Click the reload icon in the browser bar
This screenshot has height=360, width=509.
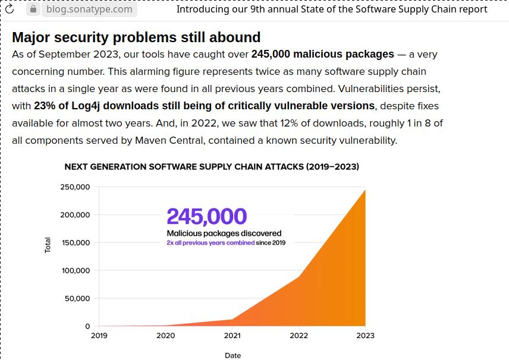(x=10, y=10)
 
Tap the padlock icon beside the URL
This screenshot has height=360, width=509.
(x=34, y=10)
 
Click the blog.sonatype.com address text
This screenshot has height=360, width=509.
(x=89, y=10)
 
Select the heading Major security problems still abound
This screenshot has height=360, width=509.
(x=136, y=37)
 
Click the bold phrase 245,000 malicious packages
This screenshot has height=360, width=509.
(x=322, y=54)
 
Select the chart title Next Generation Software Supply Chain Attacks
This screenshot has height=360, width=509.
(x=212, y=167)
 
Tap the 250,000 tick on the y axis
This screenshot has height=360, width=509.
(x=75, y=187)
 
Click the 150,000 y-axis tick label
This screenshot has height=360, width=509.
(x=75, y=243)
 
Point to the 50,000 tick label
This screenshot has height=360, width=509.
(x=77, y=299)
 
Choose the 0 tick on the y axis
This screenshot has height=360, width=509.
(x=87, y=326)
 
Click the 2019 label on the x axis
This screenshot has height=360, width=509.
(x=99, y=336)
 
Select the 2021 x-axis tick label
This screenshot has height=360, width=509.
(x=232, y=336)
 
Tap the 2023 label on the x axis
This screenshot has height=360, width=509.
(x=365, y=336)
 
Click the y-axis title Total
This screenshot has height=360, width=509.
(x=48, y=245)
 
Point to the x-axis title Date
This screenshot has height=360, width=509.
(x=232, y=355)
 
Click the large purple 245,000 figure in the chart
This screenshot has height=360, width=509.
(x=206, y=217)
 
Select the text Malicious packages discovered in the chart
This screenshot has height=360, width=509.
(x=224, y=233)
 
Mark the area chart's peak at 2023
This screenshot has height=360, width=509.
(x=365, y=190)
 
